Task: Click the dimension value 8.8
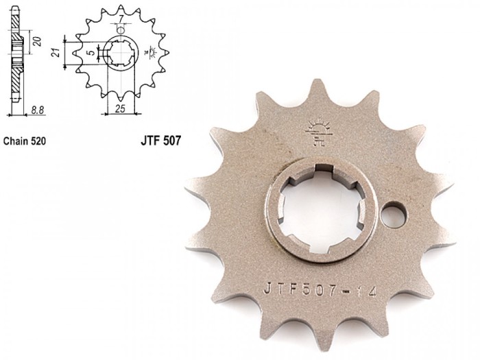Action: [x=37, y=110]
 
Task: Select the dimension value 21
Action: [x=56, y=53]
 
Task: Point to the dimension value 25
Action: [x=120, y=108]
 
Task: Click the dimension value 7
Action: [x=121, y=19]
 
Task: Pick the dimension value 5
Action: [x=91, y=53]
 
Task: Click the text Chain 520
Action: [x=25, y=141]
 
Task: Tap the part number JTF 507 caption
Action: [x=160, y=141]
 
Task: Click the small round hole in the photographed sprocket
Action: [x=394, y=215]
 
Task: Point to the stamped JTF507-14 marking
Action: [x=320, y=289]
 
